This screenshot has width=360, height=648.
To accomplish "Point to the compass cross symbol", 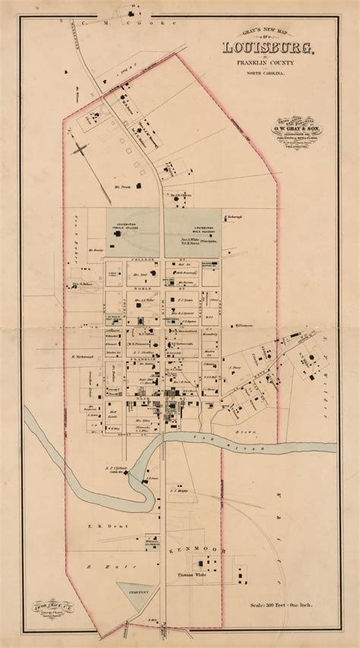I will tap(81, 147).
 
